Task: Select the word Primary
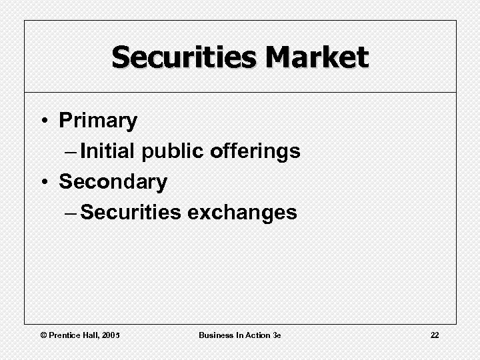point(98,121)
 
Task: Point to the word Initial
point(107,151)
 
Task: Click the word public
point(173,152)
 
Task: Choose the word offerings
point(255,152)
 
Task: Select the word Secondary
point(113,181)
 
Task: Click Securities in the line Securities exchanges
point(131,212)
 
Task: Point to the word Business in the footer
point(215,335)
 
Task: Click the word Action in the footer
point(256,335)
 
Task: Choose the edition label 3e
point(277,335)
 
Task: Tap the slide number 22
point(435,335)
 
